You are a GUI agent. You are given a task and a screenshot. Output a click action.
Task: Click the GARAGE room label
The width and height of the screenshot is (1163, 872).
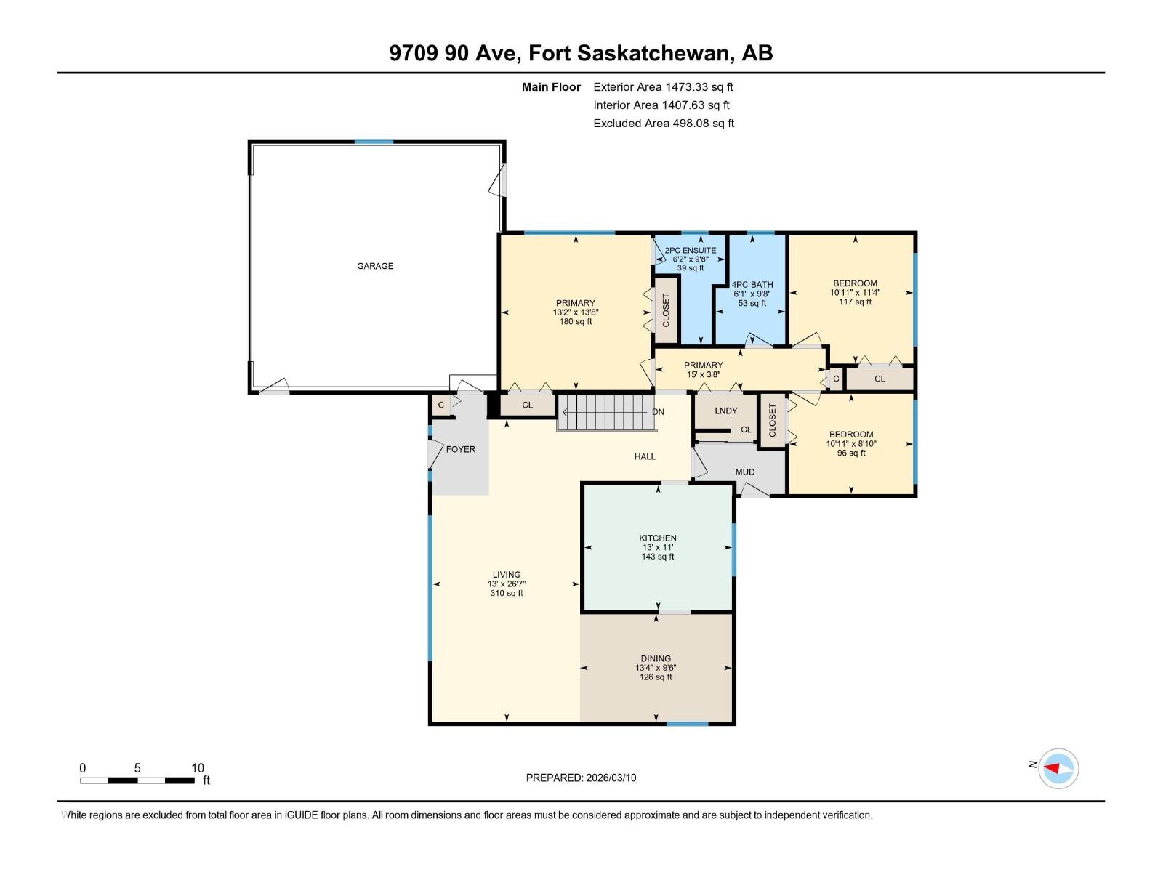tap(375, 266)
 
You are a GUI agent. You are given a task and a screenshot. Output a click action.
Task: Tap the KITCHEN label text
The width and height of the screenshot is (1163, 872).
tap(658, 538)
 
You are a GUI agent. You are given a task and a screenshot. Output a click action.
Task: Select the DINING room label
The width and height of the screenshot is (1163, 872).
tap(656, 658)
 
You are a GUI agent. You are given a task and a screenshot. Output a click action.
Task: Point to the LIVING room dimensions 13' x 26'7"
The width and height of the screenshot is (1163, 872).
tap(507, 584)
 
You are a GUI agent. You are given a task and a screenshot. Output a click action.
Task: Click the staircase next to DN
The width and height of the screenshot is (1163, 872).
tap(605, 412)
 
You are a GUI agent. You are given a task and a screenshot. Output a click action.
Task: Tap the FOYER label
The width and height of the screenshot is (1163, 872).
tap(460, 449)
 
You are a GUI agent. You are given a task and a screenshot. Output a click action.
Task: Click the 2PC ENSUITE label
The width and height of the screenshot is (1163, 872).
tap(691, 250)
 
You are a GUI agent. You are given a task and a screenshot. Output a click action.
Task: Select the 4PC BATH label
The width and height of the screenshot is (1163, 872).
tap(752, 285)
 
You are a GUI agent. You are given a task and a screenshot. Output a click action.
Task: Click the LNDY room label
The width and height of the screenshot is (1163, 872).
tap(725, 411)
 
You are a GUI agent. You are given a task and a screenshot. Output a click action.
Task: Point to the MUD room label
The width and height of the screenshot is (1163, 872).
tap(744, 472)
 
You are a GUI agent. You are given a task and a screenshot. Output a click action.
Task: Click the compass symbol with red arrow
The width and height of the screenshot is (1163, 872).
tap(1058, 768)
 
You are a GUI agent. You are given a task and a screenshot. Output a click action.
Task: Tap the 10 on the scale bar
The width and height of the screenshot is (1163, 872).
tap(198, 768)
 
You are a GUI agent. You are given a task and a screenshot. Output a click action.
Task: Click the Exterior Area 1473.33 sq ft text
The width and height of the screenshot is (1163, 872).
tap(663, 86)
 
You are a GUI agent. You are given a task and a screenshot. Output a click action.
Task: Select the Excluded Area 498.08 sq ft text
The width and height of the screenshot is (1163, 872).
tap(664, 123)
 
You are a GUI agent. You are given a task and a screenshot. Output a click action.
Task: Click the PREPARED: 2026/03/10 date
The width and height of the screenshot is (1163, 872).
tap(581, 778)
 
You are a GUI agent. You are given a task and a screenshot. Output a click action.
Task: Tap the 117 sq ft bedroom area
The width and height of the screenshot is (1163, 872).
tap(855, 302)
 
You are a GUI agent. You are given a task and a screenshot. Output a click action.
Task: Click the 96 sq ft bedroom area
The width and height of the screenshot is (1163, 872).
tap(851, 453)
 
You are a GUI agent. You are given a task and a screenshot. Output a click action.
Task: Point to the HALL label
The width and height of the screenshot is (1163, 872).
tap(645, 456)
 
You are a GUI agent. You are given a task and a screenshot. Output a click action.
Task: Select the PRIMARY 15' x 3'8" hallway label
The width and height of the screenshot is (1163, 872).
tap(703, 370)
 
